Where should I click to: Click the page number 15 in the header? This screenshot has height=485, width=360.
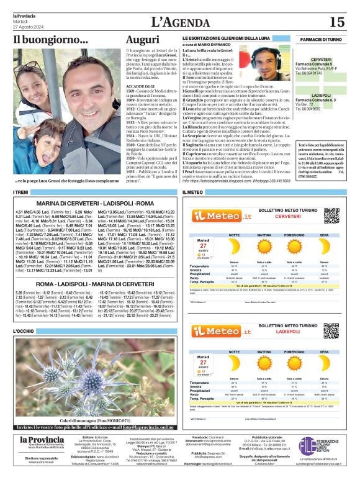336,22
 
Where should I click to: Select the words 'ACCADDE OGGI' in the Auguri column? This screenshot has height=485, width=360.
140,88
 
